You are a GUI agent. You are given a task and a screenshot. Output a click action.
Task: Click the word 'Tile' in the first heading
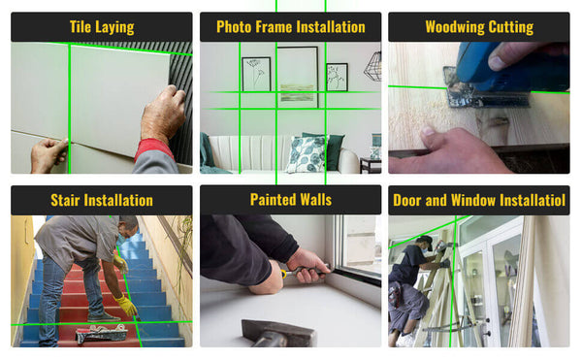[82, 27]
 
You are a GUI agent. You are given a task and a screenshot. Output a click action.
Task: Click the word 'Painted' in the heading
[270, 201]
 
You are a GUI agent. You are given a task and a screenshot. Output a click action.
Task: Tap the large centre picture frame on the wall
[297, 76]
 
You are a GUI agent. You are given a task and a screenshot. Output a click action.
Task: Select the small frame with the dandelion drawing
[256, 74]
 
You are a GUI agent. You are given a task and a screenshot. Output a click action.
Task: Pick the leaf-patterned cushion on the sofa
[307, 153]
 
